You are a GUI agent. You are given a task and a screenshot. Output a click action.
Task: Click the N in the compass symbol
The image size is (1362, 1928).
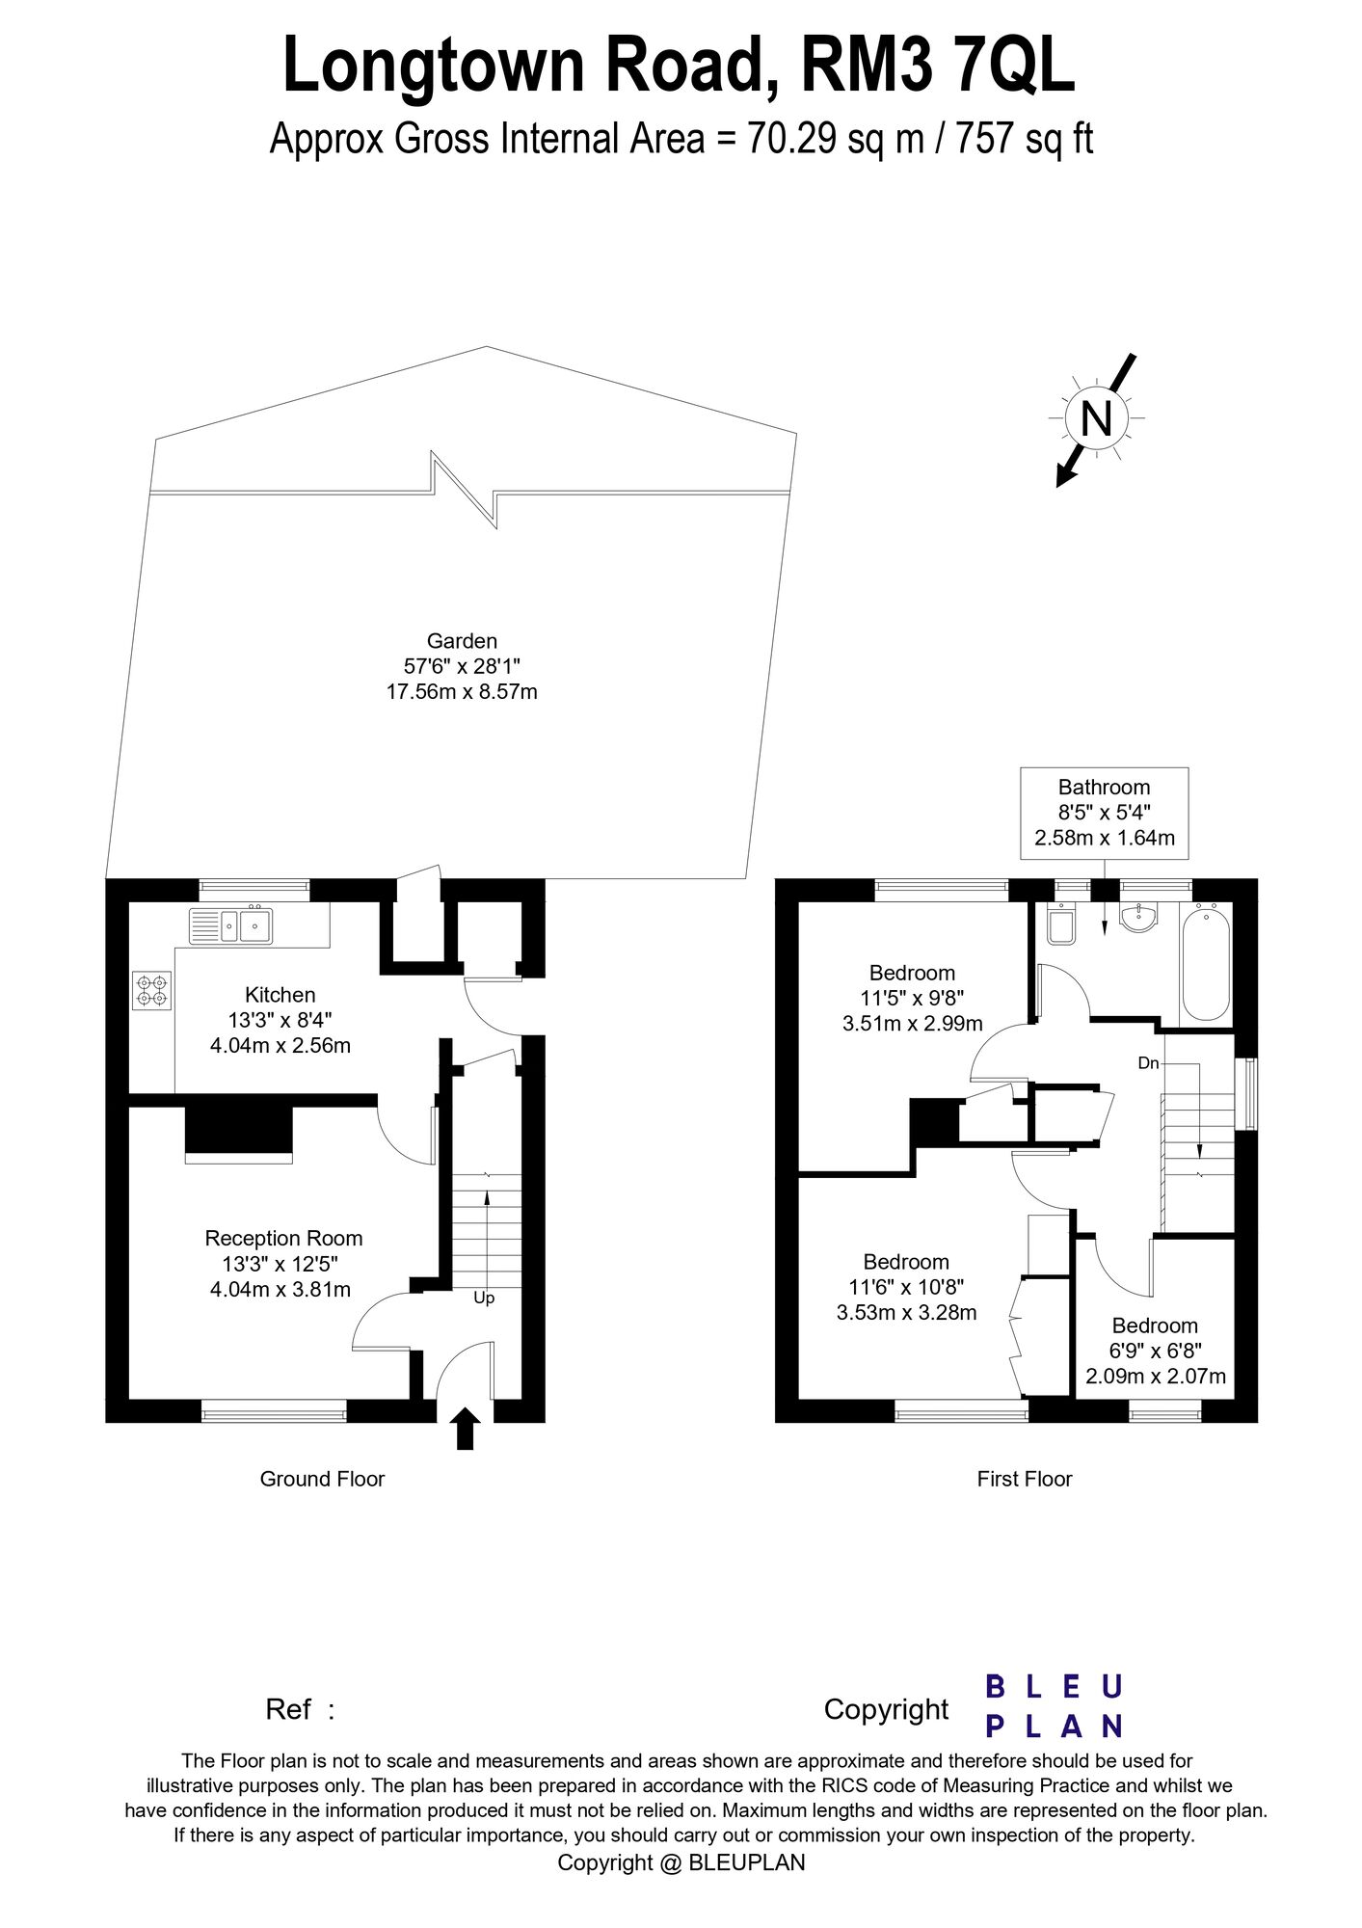1097,418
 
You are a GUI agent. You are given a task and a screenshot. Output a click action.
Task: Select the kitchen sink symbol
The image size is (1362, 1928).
231,926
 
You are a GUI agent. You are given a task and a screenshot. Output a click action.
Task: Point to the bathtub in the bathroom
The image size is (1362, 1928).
1206,962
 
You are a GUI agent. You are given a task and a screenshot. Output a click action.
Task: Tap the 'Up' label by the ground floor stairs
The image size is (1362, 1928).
484,1299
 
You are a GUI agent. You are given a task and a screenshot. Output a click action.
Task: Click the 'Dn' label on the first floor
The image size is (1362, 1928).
1148,1063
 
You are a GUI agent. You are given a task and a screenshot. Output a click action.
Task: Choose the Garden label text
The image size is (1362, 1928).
462,641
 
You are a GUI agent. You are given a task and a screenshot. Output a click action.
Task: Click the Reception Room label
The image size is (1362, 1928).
283,1239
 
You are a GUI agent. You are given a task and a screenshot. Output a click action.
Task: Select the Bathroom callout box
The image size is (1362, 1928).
1105,813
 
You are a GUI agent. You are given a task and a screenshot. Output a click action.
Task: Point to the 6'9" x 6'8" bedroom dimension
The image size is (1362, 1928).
1156,1351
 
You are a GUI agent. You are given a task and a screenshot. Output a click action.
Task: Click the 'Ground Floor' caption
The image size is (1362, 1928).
322,1479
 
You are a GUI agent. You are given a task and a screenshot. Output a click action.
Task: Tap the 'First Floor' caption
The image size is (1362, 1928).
1024,1479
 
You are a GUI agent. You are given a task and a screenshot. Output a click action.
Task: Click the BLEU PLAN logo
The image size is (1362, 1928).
1054,1705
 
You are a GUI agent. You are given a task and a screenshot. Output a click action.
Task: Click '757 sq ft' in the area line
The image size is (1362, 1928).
1025,140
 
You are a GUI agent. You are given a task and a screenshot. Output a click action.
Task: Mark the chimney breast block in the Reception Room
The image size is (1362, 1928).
239,1130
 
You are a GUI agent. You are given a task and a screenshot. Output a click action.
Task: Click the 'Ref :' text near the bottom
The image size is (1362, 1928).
300,1709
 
